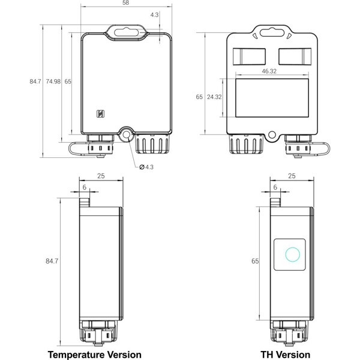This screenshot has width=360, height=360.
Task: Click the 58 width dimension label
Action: tap(125, 3)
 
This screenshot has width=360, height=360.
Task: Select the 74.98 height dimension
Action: tap(53, 81)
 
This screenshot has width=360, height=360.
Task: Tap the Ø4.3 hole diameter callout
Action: tap(146, 166)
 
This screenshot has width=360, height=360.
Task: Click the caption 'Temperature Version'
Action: tap(94, 355)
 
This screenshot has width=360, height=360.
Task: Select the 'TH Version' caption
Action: tap(285, 355)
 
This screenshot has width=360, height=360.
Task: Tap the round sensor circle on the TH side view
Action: tap(292, 254)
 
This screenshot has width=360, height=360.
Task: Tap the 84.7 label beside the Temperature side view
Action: tap(52, 262)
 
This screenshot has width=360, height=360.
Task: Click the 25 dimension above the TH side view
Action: tap(292, 176)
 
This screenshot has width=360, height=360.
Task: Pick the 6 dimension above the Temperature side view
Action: tap(84, 187)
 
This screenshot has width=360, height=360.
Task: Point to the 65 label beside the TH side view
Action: tap(254, 262)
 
